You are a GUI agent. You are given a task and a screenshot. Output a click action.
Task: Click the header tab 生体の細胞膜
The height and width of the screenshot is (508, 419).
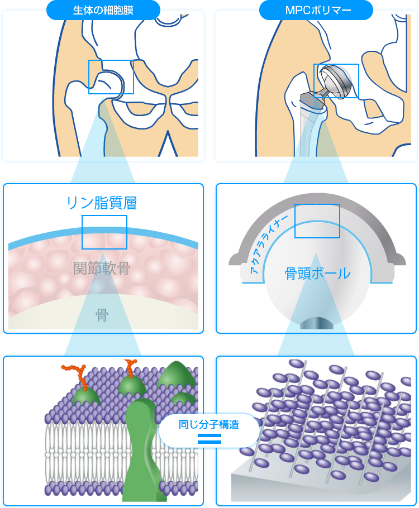tap(103, 9)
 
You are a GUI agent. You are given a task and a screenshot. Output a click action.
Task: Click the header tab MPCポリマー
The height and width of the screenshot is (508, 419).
tap(316, 9)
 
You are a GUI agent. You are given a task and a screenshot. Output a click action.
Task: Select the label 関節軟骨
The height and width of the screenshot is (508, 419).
tap(102, 269)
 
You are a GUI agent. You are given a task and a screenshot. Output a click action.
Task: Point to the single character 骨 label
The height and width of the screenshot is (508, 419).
tap(102, 316)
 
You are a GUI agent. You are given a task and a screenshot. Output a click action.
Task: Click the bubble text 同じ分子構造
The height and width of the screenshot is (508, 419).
tap(209, 425)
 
